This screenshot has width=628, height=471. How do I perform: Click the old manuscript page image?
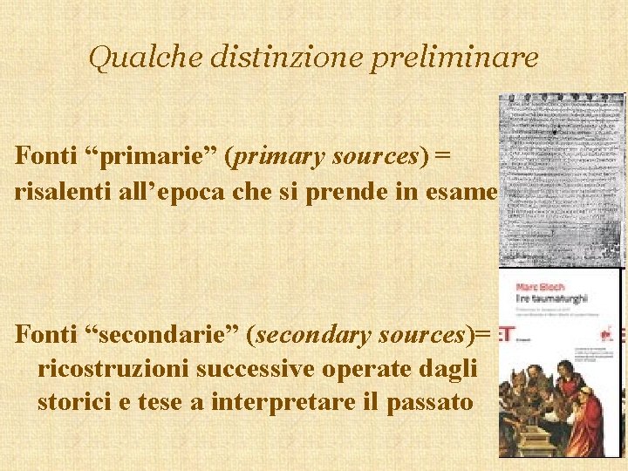pos(561,179)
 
